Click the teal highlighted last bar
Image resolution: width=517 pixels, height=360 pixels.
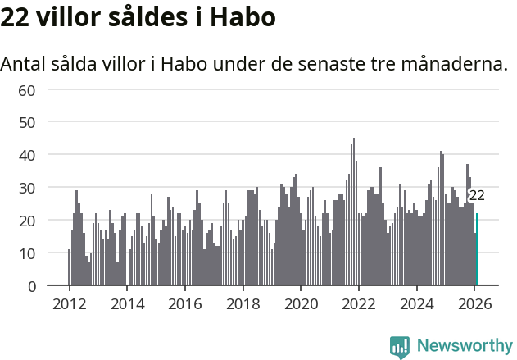(477, 250)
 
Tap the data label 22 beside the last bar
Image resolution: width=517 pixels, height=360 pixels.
(477, 195)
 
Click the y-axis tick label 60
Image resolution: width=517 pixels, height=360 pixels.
(27, 89)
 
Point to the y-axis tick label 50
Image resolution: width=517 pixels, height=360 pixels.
(27, 122)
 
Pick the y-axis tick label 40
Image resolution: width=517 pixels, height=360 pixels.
(27, 155)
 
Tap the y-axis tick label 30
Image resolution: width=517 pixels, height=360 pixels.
(27, 188)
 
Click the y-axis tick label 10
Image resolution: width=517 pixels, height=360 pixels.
(27, 253)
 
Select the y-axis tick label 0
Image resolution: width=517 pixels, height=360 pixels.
(31, 286)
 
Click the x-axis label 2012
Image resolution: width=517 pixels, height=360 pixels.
(69, 304)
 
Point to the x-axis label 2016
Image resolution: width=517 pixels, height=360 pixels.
(184, 304)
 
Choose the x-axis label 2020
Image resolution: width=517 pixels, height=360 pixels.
(301, 304)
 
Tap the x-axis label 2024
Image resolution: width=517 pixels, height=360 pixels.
(417, 304)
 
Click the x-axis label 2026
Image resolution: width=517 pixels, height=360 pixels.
(475, 304)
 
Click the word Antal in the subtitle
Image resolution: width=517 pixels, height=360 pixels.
(25, 64)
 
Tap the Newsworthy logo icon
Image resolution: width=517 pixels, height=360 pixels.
(400, 346)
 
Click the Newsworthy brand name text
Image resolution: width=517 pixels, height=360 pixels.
(465, 346)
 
